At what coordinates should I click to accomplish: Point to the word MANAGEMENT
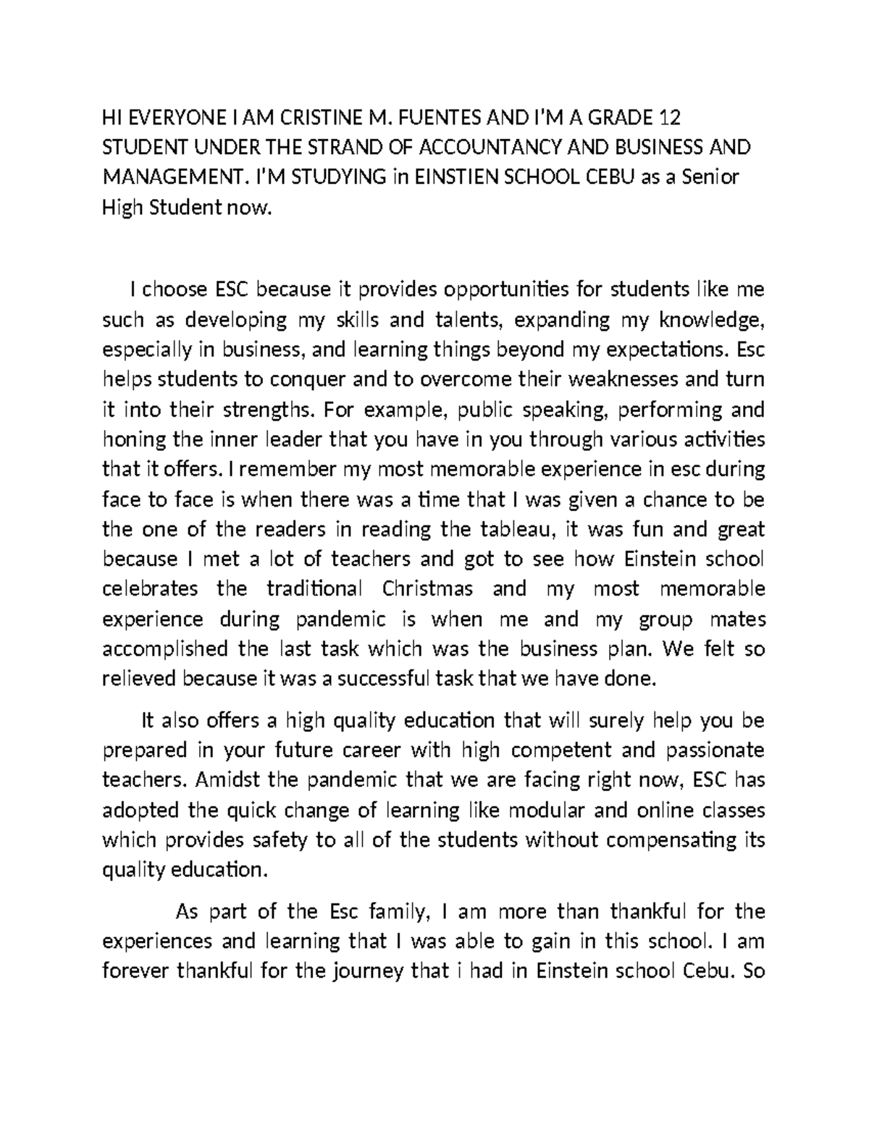[x=178, y=177]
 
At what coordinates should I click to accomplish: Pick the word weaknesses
[x=624, y=379]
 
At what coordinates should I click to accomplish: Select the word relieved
[x=139, y=679]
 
